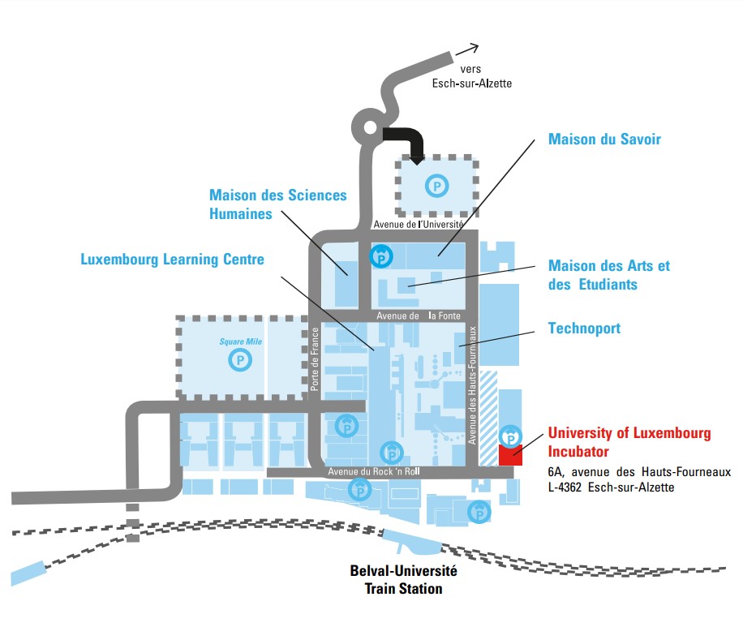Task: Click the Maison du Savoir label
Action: (604, 140)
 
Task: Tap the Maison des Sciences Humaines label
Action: (277, 204)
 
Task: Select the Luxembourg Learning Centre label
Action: (172, 260)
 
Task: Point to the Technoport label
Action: (584, 328)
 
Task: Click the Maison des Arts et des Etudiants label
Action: (609, 275)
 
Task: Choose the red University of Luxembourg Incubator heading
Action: (629, 442)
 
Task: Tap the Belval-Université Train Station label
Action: (403, 580)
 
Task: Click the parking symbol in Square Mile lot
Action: (240, 359)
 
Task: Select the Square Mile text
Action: (237, 341)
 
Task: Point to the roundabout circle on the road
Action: (367, 128)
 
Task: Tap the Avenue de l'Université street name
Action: (418, 224)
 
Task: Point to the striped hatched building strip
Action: (487, 418)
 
